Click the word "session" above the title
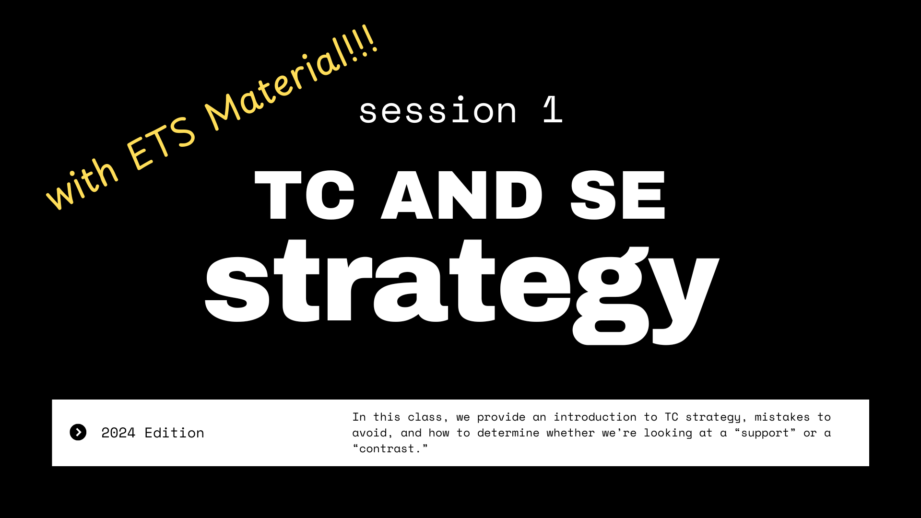438,111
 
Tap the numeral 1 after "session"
553,109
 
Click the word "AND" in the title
461,195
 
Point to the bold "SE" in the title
618,195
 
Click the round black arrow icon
78,432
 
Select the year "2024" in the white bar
118,433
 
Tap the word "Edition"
174,433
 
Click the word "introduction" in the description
595,417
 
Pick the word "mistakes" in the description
782,417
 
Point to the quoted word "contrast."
390,449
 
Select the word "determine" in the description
508,433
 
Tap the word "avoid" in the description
370,433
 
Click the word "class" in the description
425,417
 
